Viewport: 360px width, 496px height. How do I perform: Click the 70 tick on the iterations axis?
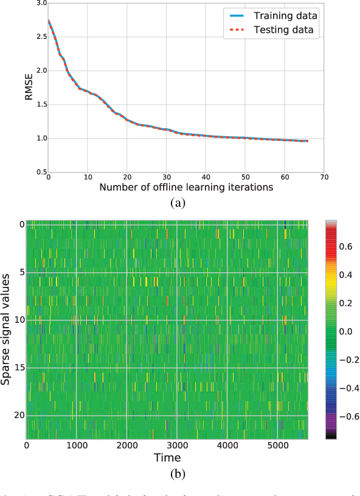coord(325,177)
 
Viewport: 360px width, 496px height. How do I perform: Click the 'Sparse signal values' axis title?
coord(5,329)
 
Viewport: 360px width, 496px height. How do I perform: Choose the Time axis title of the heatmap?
coord(167,457)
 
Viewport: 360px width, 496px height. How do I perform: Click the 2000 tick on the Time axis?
coord(126,446)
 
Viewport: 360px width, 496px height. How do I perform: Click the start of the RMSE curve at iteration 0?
coord(47,21)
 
